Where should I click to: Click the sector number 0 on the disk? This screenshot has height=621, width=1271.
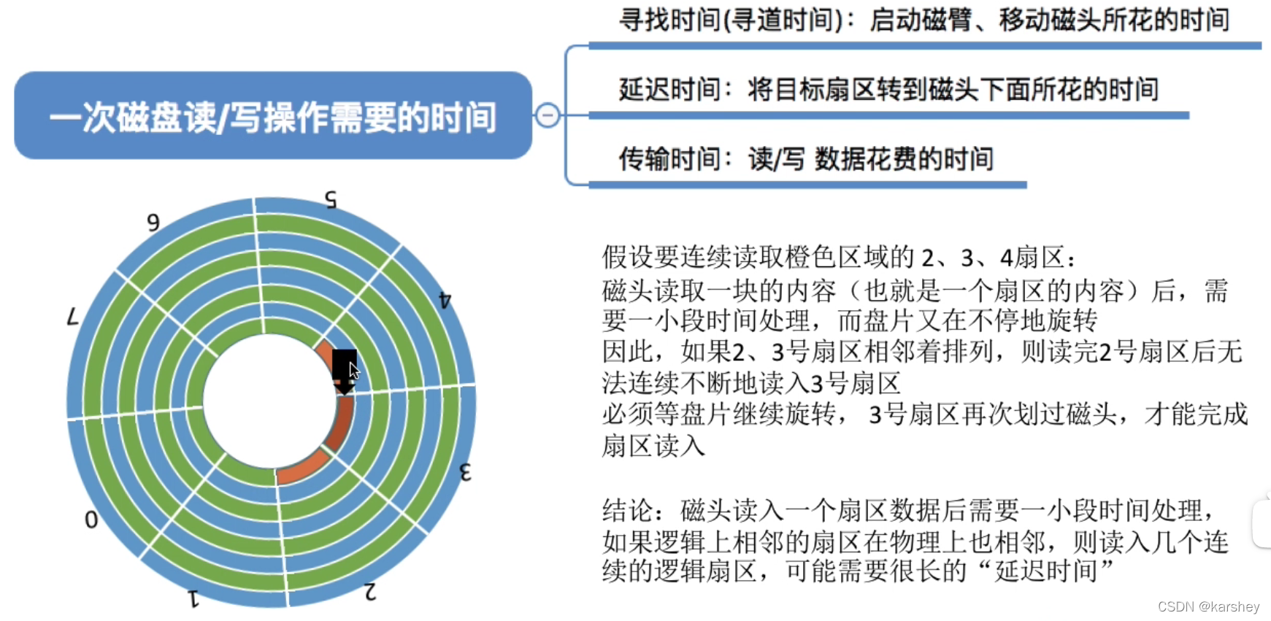click(x=91, y=520)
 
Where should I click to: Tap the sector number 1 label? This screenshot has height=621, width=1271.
click(x=193, y=598)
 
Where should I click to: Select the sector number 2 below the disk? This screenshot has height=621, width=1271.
click(x=370, y=591)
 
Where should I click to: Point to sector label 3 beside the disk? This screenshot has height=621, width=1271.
click(x=465, y=472)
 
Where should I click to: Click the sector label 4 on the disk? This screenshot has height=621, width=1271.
click(x=445, y=299)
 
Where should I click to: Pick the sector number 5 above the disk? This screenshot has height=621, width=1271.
click(x=331, y=199)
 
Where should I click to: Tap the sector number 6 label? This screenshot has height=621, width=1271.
click(x=153, y=222)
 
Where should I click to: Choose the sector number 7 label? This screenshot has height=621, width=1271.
click(x=72, y=317)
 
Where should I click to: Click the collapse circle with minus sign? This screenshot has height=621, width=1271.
click(x=548, y=115)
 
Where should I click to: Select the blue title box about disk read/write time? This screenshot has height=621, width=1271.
click(x=273, y=116)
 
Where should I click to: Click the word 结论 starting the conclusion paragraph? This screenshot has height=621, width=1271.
click(x=628, y=510)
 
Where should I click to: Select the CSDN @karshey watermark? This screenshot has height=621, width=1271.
click(x=1208, y=606)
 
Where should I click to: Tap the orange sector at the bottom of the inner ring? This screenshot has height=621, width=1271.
click(x=302, y=468)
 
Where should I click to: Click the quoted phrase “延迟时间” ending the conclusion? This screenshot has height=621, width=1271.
click(x=1054, y=570)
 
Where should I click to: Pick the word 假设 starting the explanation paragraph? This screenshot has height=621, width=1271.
click(x=628, y=258)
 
